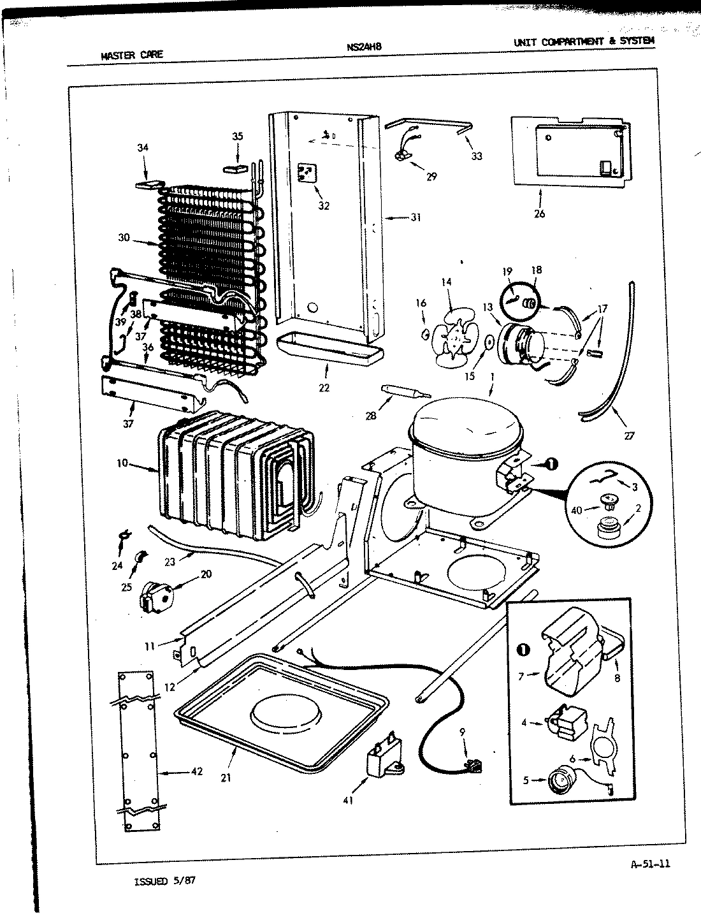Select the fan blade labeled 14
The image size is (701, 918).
[x=451, y=336]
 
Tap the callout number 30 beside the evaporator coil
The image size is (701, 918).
[x=124, y=238]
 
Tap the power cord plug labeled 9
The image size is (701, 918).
[x=472, y=764]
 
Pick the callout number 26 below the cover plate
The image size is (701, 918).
[x=539, y=214]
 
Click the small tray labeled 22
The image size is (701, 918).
[x=330, y=349]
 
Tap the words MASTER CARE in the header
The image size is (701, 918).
[x=132, y=54]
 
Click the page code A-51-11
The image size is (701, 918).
[x=649, y=864]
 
